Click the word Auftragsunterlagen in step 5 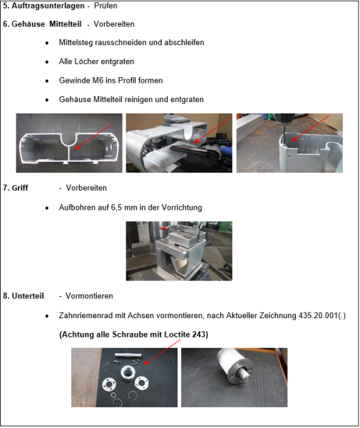click(x=46, y=6)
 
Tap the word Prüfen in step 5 click(x=106, y=6)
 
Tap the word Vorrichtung click(x=181, y=208)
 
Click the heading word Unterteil click(x=28, y=295)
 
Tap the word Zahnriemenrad click(x=85, y=315)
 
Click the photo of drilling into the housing click(x=289, y=143)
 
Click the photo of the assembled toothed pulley click(x=234, y=377)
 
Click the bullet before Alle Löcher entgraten click(x=46, y=62)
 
